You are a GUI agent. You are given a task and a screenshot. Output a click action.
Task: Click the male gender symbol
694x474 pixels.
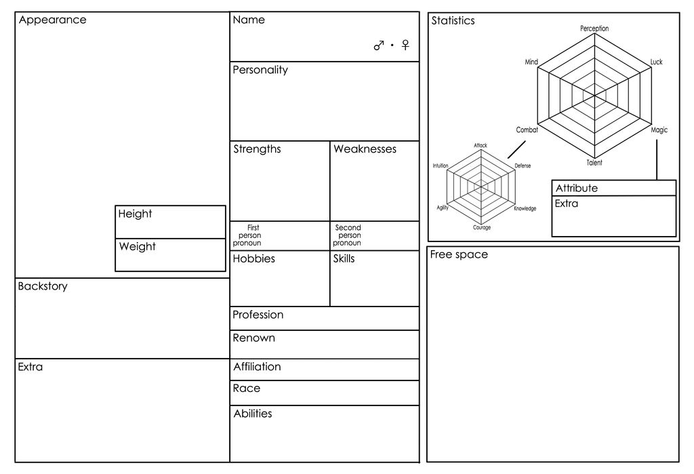[379, 45]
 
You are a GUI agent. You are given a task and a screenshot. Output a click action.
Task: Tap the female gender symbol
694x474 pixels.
[405, 45]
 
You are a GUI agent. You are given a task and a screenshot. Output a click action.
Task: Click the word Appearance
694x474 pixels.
[53, 20]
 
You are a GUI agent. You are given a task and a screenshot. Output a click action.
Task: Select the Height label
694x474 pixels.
[135, 214]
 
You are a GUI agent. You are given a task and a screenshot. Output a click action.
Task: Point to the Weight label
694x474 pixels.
[137, 247]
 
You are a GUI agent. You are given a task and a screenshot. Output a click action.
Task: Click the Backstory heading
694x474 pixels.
[43, 287]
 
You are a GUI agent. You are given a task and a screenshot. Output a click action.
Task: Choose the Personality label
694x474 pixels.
[260, 70]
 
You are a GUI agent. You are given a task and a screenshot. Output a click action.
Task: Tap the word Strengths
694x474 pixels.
[257, 149]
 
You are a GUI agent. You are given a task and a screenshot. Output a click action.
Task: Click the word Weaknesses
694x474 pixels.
[365, 149]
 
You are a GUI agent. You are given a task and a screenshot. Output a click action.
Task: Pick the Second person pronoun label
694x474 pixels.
[348, 235]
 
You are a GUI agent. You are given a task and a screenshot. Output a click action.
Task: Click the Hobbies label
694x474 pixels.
[254, 259]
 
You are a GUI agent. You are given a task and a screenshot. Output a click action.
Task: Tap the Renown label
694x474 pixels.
[254, 338]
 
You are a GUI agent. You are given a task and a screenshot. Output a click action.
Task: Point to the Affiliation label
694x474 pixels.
[257, 367]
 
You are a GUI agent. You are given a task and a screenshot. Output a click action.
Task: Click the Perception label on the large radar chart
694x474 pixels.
[594, 28]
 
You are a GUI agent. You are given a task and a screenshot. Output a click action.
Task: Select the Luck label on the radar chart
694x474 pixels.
[656, 62]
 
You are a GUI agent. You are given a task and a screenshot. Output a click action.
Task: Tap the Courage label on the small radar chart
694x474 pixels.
[482, 227]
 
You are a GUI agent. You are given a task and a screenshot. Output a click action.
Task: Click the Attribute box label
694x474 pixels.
[577, 189]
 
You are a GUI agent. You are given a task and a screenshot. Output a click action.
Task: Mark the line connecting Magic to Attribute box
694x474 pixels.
[657, 160]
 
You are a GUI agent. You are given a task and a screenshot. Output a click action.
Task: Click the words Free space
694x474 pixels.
[459, 255]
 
